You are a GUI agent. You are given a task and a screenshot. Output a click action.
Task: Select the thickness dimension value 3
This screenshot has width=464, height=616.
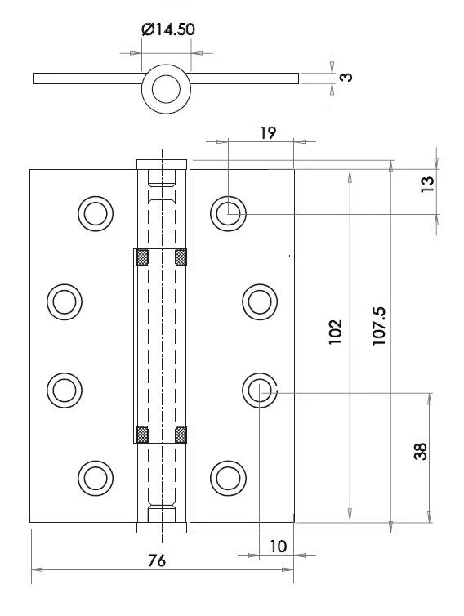point(346,78)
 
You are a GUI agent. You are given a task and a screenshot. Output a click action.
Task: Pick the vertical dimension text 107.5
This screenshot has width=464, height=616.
point(378,327)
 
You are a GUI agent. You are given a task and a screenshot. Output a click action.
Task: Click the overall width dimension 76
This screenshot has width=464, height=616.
point(158,561)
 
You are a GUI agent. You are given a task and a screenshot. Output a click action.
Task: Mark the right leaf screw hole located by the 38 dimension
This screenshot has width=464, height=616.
point(259,387)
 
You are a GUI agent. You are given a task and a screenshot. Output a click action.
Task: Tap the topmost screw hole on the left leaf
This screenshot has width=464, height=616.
point(96,213)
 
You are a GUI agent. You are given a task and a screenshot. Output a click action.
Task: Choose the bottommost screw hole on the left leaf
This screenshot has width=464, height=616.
point(96,475)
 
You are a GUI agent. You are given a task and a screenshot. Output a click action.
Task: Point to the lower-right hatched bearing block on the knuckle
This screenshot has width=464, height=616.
point(181,434)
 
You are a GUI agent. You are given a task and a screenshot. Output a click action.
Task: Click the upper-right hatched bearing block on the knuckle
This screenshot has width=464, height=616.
point(181,257)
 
